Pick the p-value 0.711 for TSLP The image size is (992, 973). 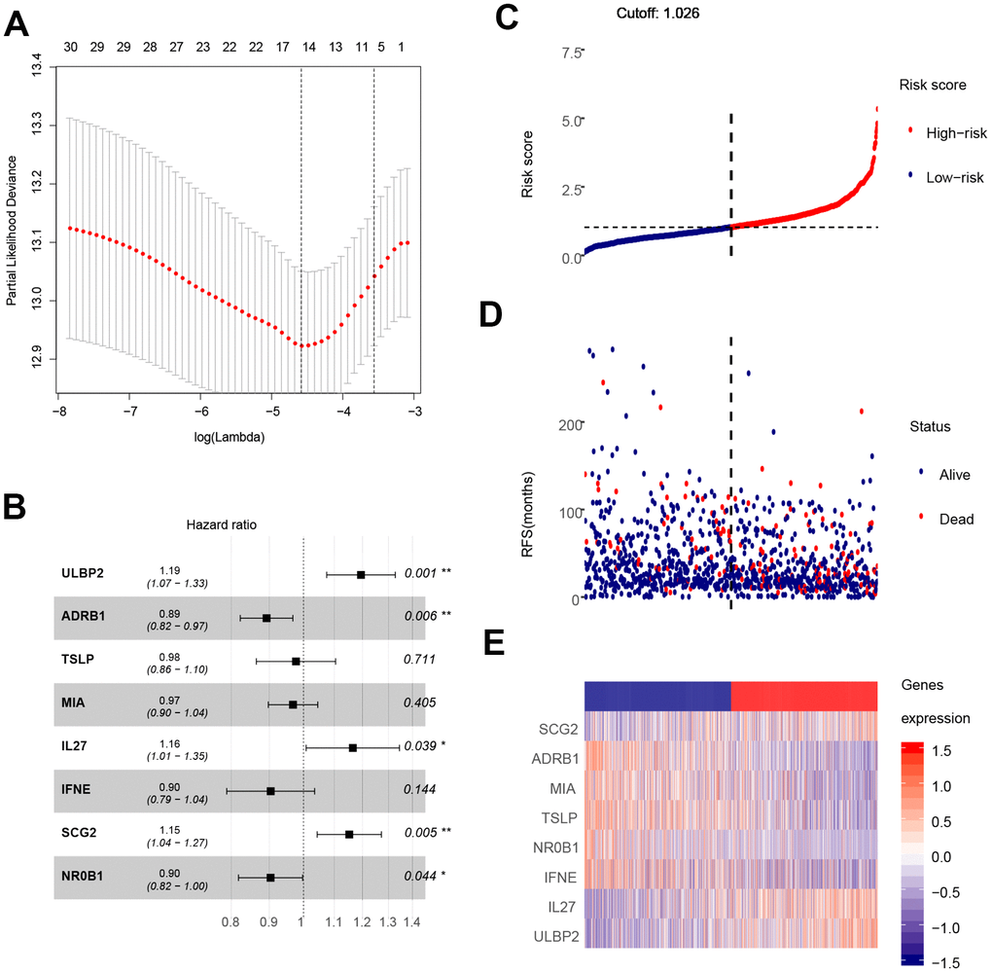pos(420,661)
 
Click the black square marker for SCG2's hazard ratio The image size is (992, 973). pos(349,834)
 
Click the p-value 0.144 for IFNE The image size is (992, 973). pos(420,791)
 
